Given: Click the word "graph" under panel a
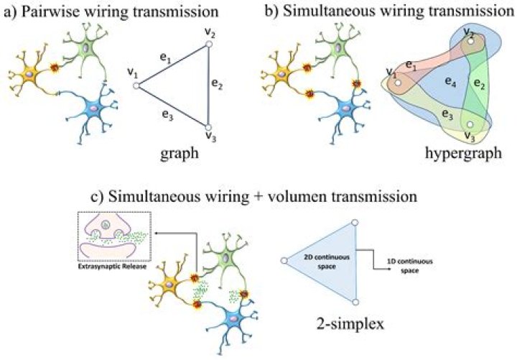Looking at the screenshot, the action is pyautogui.click(x=180, y=154).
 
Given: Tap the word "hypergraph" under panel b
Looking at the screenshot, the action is pyautogui.click(x=464, y=153).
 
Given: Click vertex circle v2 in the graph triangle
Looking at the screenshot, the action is pyautogui.click(x=208, y=44).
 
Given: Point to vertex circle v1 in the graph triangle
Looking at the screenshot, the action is pyautogui.click(x=136, y=86).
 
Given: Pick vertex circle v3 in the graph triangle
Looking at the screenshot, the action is pyautogui.click(x=208, y=127).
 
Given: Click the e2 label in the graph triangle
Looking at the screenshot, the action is pyautogui.click(x=218, y=85).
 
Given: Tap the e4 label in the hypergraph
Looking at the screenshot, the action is pyautogui.click(x=451, y=81).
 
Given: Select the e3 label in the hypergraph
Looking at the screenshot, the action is pyautogui.click(x=447, y=114).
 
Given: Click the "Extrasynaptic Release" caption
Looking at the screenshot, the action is pyautogui.click(x=112, y=267).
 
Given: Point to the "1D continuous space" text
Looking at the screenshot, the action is pyautogui.click(x=410, y=266).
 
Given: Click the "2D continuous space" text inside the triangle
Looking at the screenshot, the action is pyautogui.click(x=327, y=262).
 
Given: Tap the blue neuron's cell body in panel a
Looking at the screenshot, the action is pyautogui.click(x=93, y=108).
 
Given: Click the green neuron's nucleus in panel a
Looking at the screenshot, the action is pyautogui.click(x=85, y=48).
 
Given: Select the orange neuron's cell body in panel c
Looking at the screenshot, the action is pyautogui.click(x=169, y=285).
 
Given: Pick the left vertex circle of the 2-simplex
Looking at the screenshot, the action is pyautogui.click(x=284, y=261).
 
